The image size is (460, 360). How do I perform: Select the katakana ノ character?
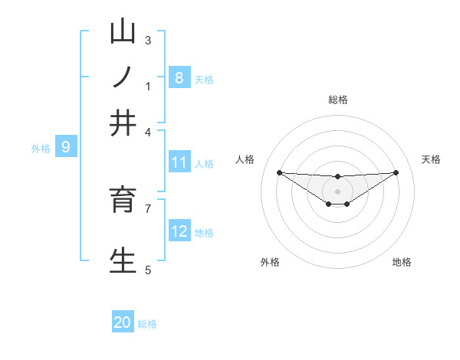tap(123, 77)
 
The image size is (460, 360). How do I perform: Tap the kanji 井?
tap(123, 122)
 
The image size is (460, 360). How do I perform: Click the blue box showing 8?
tap(179, 77)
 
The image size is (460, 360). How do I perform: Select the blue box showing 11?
tap(179, 162)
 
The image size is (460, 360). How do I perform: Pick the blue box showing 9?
tap(65, 146)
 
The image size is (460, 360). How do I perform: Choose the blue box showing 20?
tap(123, 322)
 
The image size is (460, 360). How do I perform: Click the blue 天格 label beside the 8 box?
tap(204, 79)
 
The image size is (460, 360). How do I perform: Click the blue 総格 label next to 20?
tap(147, 324)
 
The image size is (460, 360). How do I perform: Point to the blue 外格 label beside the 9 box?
tap(41, 149)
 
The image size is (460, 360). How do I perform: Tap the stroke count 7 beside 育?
tap(148, 208)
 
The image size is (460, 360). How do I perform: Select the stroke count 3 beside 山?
tap(148, 40)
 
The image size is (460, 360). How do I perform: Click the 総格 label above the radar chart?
tap(337, 100)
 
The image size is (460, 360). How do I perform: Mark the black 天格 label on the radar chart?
tap(431, 159)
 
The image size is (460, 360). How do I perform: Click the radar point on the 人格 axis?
tap(279, 172)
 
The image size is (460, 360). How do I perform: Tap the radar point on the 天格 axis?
tap(396, 172)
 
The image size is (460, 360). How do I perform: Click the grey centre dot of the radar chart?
tap(337, 191)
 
